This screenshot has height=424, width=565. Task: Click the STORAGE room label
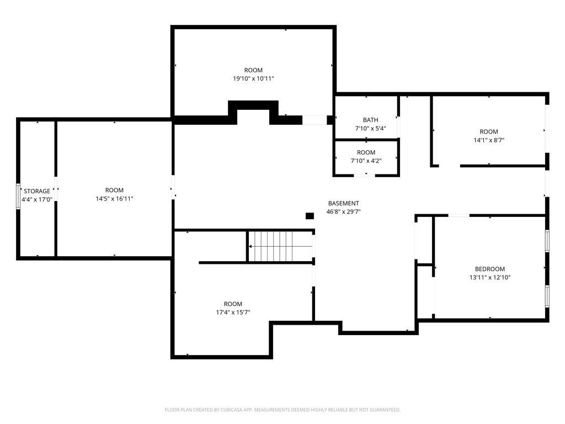click(x=37, y=191)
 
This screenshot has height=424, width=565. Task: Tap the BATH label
click(x=370, y=120)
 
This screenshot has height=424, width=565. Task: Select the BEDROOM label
click(x=490, y=269)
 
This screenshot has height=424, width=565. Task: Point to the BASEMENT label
click(x=343, y=203)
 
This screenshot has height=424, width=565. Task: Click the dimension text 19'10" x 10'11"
click(x=253, y=78)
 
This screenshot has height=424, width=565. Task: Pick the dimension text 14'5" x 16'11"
click(x=114, y=199)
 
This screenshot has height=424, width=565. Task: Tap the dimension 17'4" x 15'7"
click(x=233, y=312)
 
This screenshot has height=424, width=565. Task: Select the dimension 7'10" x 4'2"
click(x=366, y=161)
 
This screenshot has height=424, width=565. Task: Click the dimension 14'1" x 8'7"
click(x=489, y=140)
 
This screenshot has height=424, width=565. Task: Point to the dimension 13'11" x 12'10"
click(x=490, y=277)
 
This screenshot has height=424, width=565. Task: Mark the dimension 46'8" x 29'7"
click(x=343, y=211)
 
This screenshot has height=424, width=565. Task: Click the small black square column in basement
click(x=310, y=216)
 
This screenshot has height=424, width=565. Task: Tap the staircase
click(x=280, y=246)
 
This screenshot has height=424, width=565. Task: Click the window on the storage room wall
click(x=18, y=196)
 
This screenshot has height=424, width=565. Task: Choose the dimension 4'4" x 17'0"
click(x=37, y=199)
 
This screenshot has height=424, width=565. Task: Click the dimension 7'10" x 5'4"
click(x=370, y=128)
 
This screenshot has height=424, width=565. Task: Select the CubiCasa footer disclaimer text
click(x=282, y=410)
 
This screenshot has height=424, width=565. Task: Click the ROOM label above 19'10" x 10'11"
click(x=253, y=70)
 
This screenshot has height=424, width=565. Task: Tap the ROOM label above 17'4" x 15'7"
click(x=233, y=304)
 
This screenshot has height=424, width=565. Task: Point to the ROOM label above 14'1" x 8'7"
click(x=489, y=132)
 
